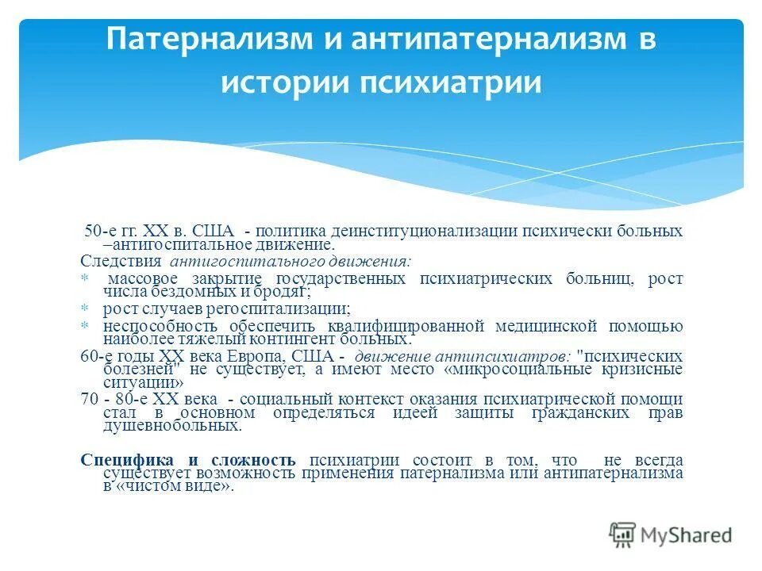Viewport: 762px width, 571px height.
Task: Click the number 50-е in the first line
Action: pos(101,231)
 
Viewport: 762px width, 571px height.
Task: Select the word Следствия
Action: pos(121,260)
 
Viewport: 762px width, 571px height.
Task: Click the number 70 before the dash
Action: pos(89,398)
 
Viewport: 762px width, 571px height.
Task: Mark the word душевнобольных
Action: pos(171,426)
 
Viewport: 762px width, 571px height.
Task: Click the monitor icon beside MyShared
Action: pos(622,535)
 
